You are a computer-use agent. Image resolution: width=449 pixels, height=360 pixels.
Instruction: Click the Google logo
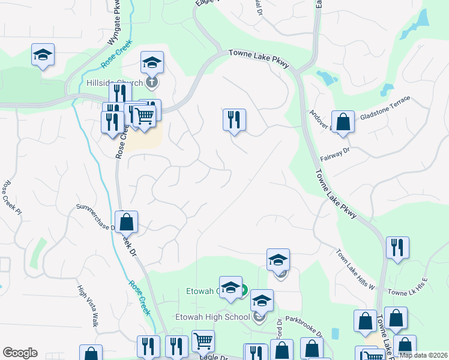20,353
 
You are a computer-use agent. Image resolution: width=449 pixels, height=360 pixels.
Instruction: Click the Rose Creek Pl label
12,197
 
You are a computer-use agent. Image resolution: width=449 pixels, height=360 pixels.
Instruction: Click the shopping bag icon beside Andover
343,122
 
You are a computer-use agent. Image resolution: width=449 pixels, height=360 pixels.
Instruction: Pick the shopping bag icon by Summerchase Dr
127,222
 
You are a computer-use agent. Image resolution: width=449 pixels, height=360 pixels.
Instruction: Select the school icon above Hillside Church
152,62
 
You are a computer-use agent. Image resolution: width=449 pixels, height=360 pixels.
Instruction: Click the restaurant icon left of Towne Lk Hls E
397,247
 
